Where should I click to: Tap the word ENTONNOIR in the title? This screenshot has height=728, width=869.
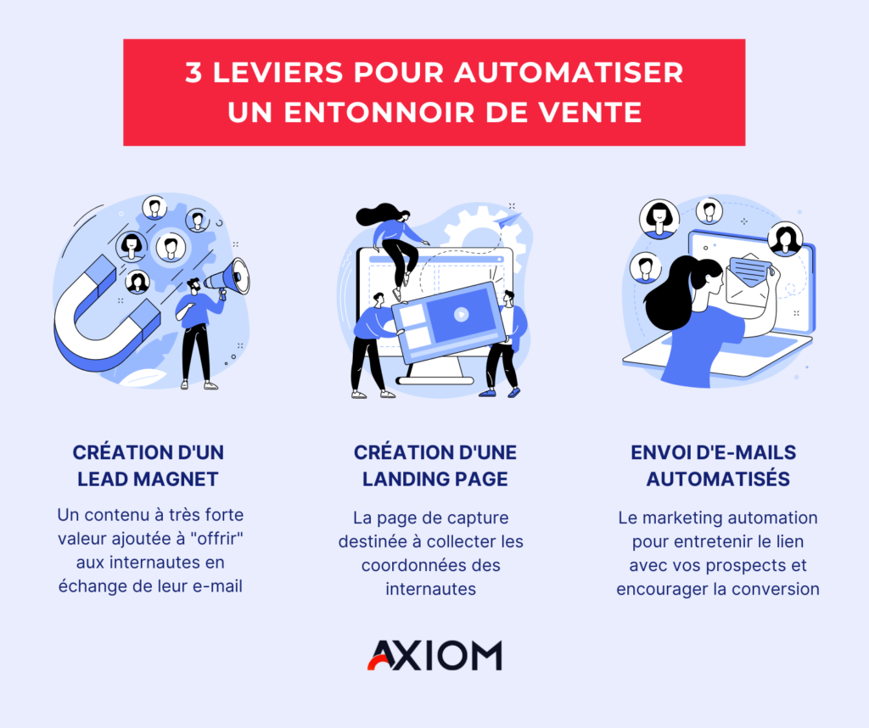tap(379, 112)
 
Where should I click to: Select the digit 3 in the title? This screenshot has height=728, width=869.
tap(193, 73)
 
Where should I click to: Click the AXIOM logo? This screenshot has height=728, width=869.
tap(434, 655)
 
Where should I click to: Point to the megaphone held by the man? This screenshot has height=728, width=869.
tap(229, 278)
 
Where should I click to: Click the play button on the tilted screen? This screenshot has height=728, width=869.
tap(461, 315)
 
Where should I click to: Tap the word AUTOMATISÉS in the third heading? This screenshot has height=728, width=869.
tap(718, 479)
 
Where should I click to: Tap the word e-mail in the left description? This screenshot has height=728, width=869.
tap(217, 586)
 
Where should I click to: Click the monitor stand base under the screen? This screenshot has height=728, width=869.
tap(435, 381)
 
